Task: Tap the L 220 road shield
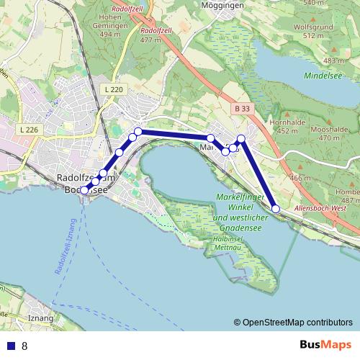113,89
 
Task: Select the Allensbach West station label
322,208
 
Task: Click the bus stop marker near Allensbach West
276,209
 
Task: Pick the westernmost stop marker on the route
84,190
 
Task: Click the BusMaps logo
326,345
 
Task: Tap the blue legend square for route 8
9,346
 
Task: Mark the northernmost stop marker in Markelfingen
241,138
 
